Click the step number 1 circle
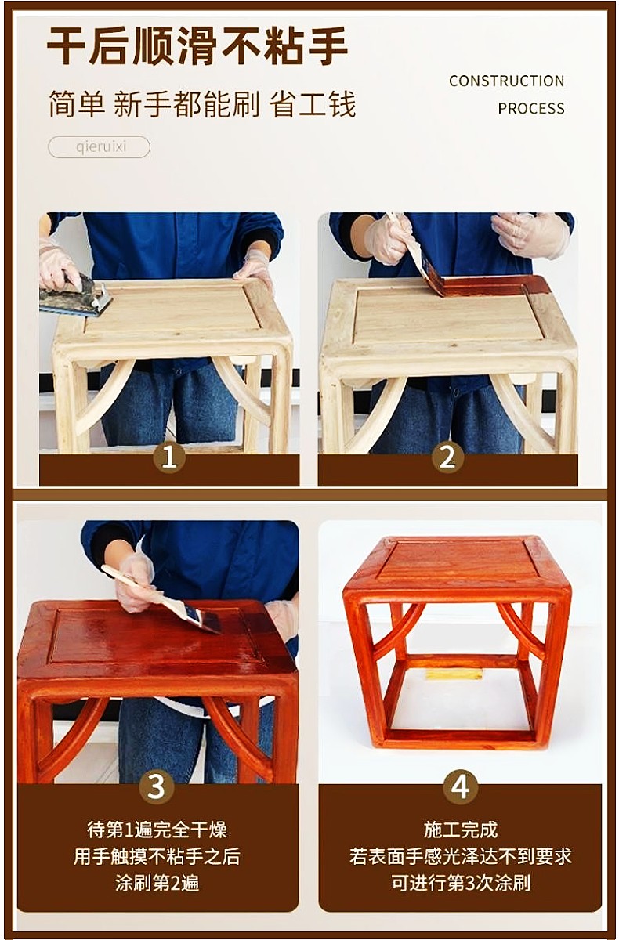pyautogui.click(x=168, y=457)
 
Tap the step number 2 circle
pyautogui.click(x=447, y=457)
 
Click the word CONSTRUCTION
pyautogui.click(x=506, y=81)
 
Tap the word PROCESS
pyautogui.click(x=531, y=109)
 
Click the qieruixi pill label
pyautogui.click(x=99, y=147)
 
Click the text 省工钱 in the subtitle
pyautogui.click(x=313, y=104)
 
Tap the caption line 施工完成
pyautogui.click(x=461, y=830)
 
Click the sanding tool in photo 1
pyautogui.click(x=75, y=296)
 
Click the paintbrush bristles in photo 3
pyautogui.click(x=204, y=619)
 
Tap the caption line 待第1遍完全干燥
pyautogui.click(x=157, y=830)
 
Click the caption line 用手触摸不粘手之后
pyautogui.click(x=157, y=856)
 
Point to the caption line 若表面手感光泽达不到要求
pyautogui.click(x=461, y=856)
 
